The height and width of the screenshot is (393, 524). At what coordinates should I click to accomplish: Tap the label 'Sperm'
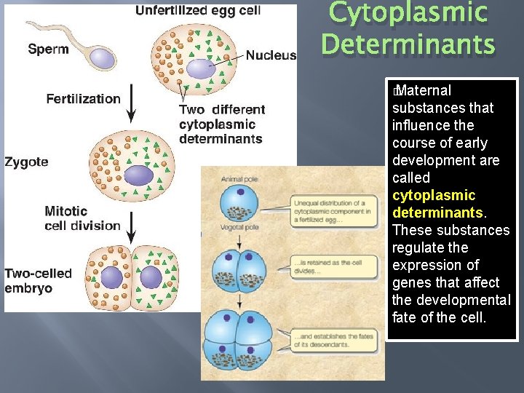tap(48, 49)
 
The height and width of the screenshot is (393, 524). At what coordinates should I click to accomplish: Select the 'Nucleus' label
tap(271, 55)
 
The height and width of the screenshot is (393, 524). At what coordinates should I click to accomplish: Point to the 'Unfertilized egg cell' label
tap(197, 11)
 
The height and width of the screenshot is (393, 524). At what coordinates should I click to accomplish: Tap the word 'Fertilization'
tap(83, 99)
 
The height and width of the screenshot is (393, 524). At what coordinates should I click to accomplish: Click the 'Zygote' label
tap(26, 162)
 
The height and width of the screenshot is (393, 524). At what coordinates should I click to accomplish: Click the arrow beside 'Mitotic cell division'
tap(132, 226)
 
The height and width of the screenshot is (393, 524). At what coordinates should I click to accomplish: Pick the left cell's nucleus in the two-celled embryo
tap(111, 277)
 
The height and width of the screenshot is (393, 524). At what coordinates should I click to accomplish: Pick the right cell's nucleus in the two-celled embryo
tap(151, 277)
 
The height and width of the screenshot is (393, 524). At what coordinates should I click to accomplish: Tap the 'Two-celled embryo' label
tap(38, 280)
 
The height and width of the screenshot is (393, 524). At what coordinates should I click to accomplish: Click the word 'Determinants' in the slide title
tap(408, 44)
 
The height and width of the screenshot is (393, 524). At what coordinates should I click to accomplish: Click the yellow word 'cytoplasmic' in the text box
tap(434, 195)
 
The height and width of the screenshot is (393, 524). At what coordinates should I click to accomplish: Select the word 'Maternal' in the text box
tap(424, 90)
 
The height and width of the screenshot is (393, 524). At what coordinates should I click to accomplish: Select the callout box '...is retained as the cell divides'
tap(333, 266)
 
